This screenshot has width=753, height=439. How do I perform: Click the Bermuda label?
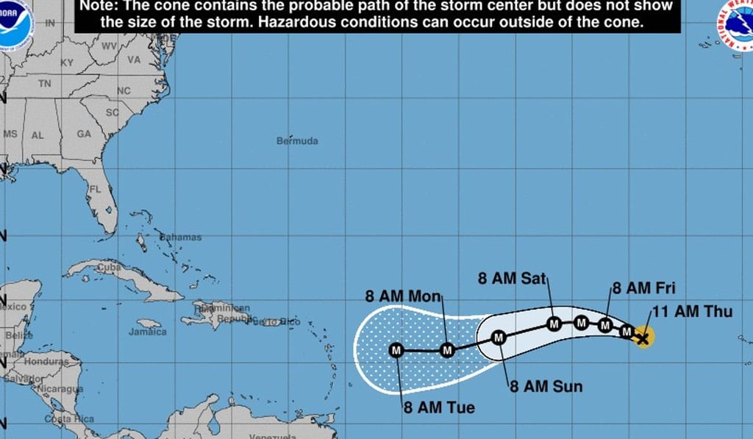coord(297,140)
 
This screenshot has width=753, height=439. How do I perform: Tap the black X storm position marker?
coord(643,338)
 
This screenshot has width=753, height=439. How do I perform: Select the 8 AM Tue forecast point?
coord(396,350)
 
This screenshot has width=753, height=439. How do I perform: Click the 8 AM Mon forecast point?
coord(447,350)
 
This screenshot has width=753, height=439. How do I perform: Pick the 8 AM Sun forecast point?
coord(499,338)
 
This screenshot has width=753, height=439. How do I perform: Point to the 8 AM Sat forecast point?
coord(554,323)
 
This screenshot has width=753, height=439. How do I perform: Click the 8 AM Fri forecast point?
coord(605,325)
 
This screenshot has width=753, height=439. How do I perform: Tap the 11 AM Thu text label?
coord(692,312)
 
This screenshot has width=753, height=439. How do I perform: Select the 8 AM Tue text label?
coord(438,407)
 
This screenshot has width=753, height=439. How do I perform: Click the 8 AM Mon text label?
coord(403,296)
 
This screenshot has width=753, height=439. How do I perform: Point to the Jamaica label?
coord(148,332)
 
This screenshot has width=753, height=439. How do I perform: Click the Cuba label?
coord(109,268)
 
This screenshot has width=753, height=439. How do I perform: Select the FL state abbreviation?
coord(95,189)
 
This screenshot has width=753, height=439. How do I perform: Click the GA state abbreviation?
coord(84,135)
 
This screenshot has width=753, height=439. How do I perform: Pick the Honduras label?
coord(46,362)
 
